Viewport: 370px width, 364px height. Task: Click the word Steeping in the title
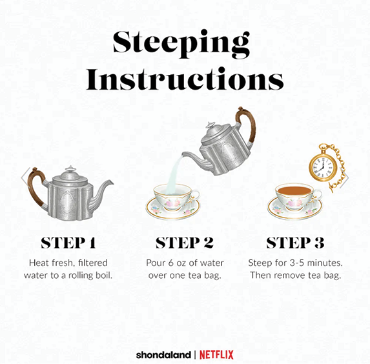[x=181, y=44]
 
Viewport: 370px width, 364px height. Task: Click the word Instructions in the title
[x=185, y=79]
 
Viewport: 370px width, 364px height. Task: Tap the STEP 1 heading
[x=68, y=243]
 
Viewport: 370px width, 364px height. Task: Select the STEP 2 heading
[x=185, y=243]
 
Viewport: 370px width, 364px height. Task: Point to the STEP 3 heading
[x=296, y=243]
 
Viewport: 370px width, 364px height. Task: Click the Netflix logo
[x=216, y=355]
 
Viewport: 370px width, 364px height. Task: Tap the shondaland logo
[x=163, y=355]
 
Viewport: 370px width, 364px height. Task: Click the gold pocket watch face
[x=321, y=167]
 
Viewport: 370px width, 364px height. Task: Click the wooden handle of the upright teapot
[x=36, y=187]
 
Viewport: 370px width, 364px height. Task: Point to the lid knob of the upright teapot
[x=70, y=168]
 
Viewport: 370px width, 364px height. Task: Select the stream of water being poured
[x=174, y=174]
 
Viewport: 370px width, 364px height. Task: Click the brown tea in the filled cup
[x=294, y=190]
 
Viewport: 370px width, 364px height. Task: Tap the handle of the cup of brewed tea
[x=318, y=195]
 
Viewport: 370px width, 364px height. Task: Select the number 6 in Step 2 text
[x=171, y=263]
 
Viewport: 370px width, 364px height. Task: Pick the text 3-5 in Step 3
[x=297, y=263]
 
